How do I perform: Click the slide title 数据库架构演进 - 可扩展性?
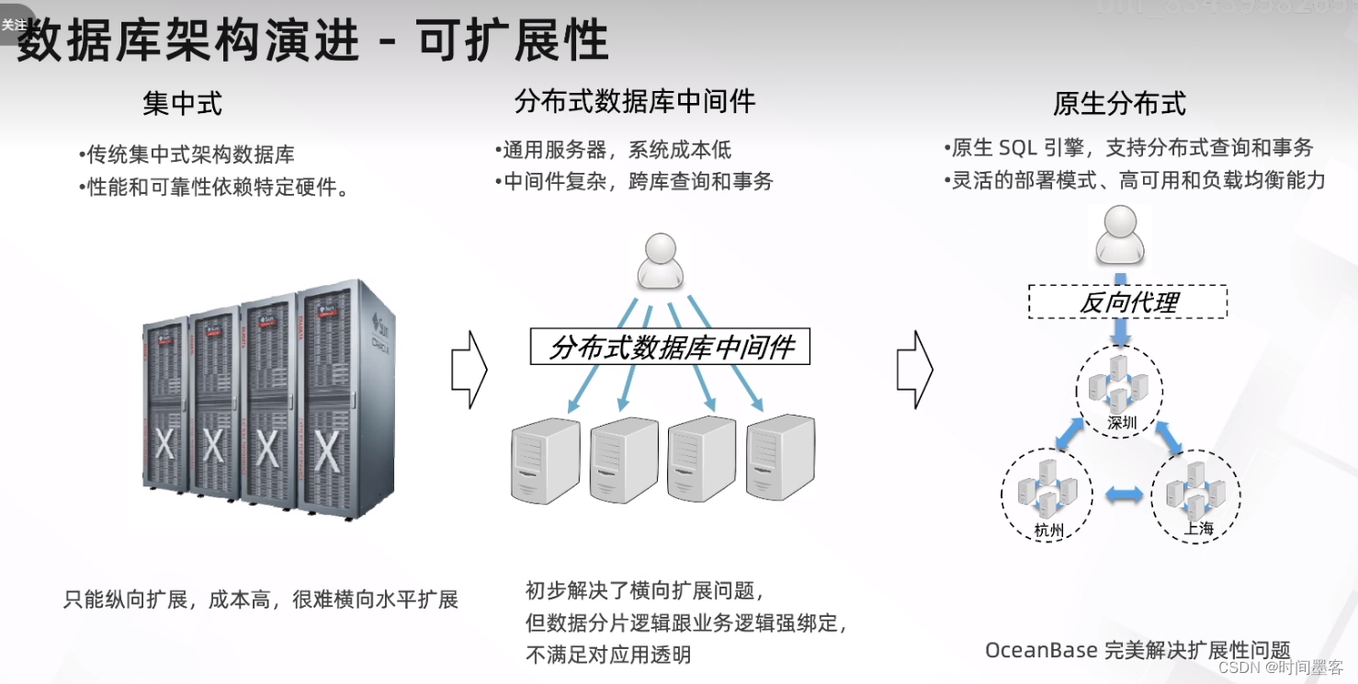point(312,41)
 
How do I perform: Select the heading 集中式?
point(182,104)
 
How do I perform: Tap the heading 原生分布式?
point(1119,104)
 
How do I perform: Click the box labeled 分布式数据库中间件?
point(670,348)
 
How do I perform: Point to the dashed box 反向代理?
point(1127,302)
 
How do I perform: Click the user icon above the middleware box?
point(661,260)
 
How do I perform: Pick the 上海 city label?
point(1198,529)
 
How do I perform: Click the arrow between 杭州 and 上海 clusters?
point(1124,496)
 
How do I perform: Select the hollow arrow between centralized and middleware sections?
point(470,369)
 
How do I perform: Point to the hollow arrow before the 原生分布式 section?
point(915,369)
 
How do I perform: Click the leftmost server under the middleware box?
point(546,461)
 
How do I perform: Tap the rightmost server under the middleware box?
point(781,457)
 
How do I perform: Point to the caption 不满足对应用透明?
point(607,655)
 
